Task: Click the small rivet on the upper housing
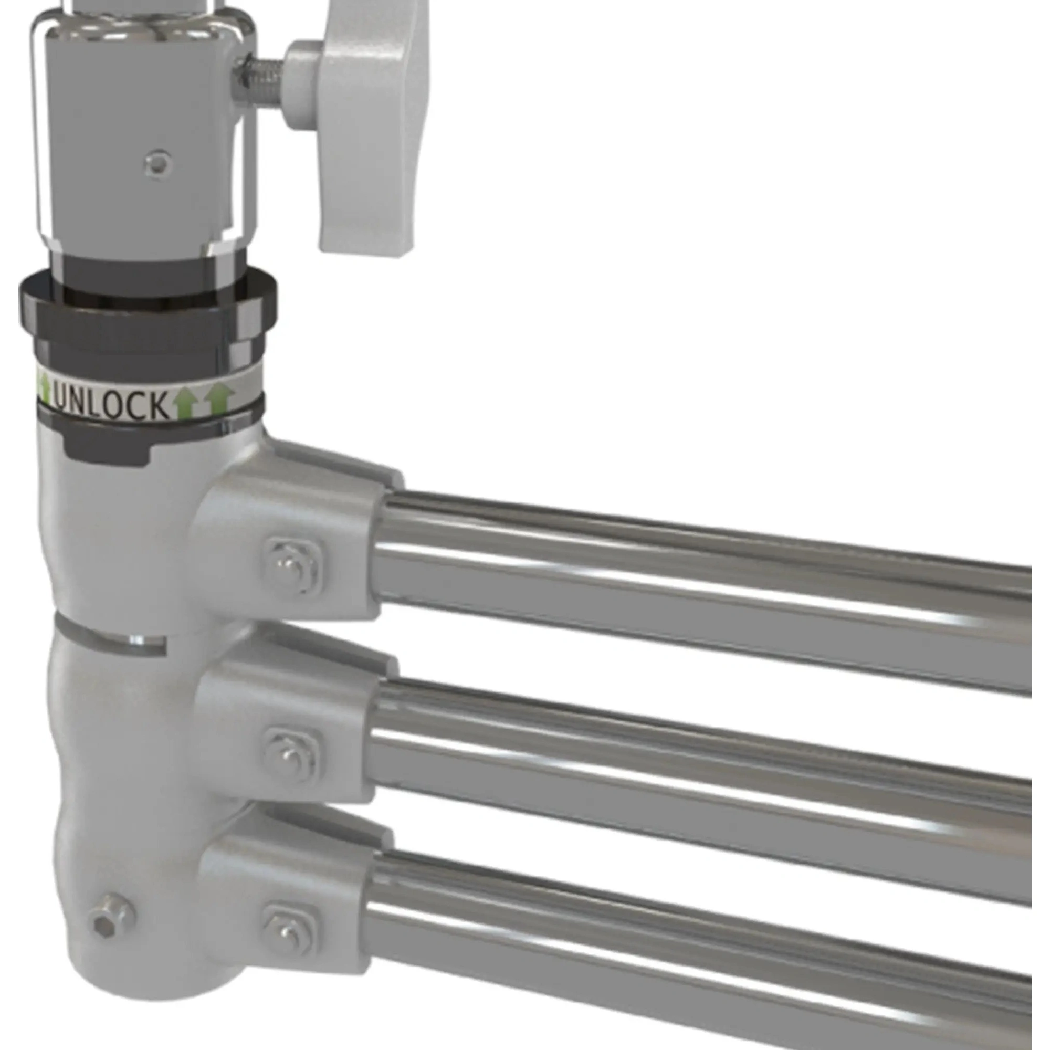[x=158, y=162]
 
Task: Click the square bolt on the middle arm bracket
[x=291, y=756]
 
